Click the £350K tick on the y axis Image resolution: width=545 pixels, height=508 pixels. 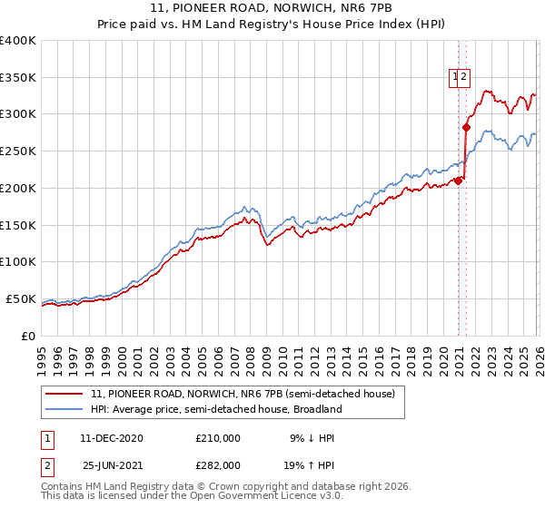[18, 78]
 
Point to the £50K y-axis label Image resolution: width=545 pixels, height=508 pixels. [22, 298]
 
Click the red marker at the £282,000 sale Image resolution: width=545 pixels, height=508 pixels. [466, 128]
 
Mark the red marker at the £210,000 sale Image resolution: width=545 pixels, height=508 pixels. [458, 181]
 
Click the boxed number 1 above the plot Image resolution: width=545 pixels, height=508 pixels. [454, 78]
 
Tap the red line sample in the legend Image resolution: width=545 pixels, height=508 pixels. [65, 395]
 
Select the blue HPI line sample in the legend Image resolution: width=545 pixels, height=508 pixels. [65, 409]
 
